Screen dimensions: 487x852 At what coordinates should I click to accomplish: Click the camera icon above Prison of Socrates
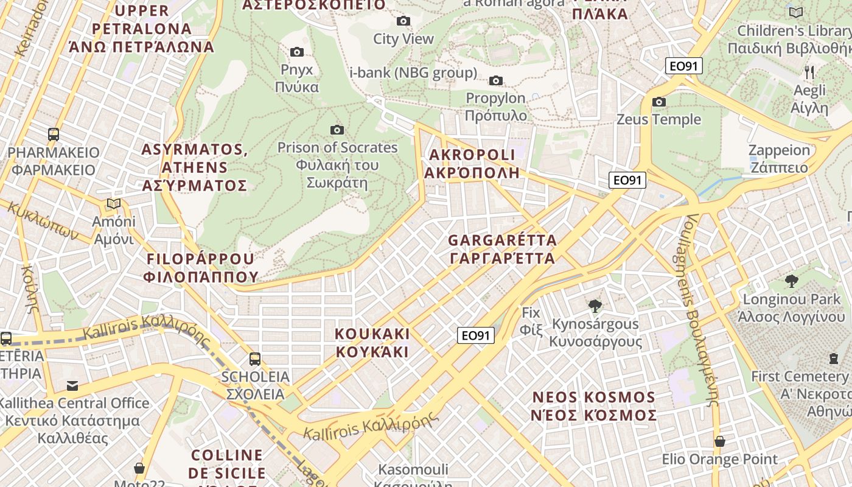(x=337, y=130)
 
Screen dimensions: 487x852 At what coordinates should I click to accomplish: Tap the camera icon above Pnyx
(x=297, y=52)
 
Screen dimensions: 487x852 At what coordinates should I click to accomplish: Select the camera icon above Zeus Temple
(x=658, y=102)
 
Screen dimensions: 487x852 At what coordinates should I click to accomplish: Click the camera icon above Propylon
(x=496, y=80)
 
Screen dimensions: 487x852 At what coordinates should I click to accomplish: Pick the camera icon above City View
(x=403, y=21)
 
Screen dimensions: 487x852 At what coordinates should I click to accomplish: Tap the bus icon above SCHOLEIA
(x=255, y=359)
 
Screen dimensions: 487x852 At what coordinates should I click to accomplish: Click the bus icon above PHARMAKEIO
(x=54, y=135)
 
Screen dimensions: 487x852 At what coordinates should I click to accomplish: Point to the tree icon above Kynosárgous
(x=595, y=306)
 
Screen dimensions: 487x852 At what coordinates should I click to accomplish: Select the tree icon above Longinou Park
(x=792, y=281)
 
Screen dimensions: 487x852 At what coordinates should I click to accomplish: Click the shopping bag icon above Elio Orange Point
(x=720, y=441)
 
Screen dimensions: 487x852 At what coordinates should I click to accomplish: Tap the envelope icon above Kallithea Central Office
(x=72, y=385)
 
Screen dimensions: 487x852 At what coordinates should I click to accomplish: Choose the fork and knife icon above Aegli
(x=809, y=72)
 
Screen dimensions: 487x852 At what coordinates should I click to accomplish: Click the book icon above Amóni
(x=113, y=203)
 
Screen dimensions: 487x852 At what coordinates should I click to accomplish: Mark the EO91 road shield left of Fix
(x=475, y=335)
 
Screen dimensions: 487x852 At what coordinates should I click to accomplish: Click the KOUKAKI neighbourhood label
(x=372, y=343)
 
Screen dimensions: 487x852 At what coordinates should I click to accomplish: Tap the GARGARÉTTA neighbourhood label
(x=502, y=249)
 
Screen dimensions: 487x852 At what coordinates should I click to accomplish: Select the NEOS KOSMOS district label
(x=594, y=406)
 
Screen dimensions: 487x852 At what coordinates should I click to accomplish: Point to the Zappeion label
(x=779, y=159)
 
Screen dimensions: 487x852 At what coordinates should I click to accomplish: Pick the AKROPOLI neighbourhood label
(x=472, y=164)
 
